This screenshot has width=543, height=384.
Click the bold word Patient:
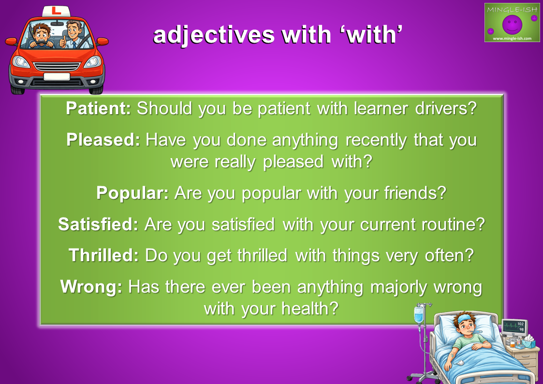[x=98, y=108]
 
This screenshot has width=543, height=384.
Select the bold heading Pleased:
[x=103, y=140]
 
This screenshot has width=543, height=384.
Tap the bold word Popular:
[x=132, y=192]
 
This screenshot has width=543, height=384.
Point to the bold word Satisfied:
[x=98, y=224]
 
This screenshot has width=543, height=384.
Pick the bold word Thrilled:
[x=103, y=255]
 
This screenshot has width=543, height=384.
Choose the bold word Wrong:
[x=91, y=287]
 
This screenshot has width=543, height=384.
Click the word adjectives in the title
[x=214, y=35]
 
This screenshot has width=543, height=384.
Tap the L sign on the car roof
[x=56, y=11]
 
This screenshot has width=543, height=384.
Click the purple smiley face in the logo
[x=512, y=24]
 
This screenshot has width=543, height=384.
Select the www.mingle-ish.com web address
[x=512, y=38]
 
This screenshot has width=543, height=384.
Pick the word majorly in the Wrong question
[x=398, y=287]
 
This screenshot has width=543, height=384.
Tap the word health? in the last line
[x=309, y=308]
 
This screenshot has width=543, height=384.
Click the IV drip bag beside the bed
[x=419, y=314]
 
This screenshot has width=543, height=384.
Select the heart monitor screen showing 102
[x=514, y=327]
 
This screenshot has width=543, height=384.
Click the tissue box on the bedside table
[x=528, y=342]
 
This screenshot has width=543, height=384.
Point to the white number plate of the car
[x=57, y=76]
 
